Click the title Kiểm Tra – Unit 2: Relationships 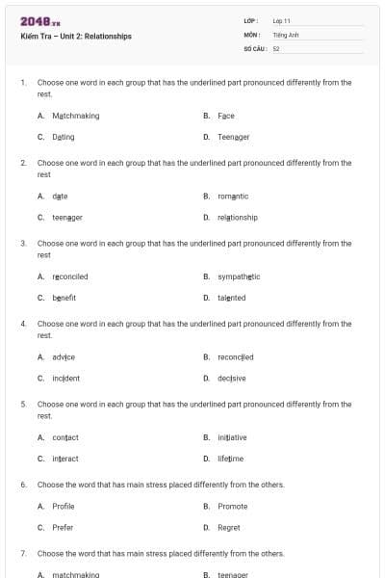tap(76, 37)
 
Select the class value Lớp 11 tap(282, 20)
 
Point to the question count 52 tap(276, 47)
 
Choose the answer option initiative tap(232, 437)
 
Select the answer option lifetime tap(231, 459)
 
